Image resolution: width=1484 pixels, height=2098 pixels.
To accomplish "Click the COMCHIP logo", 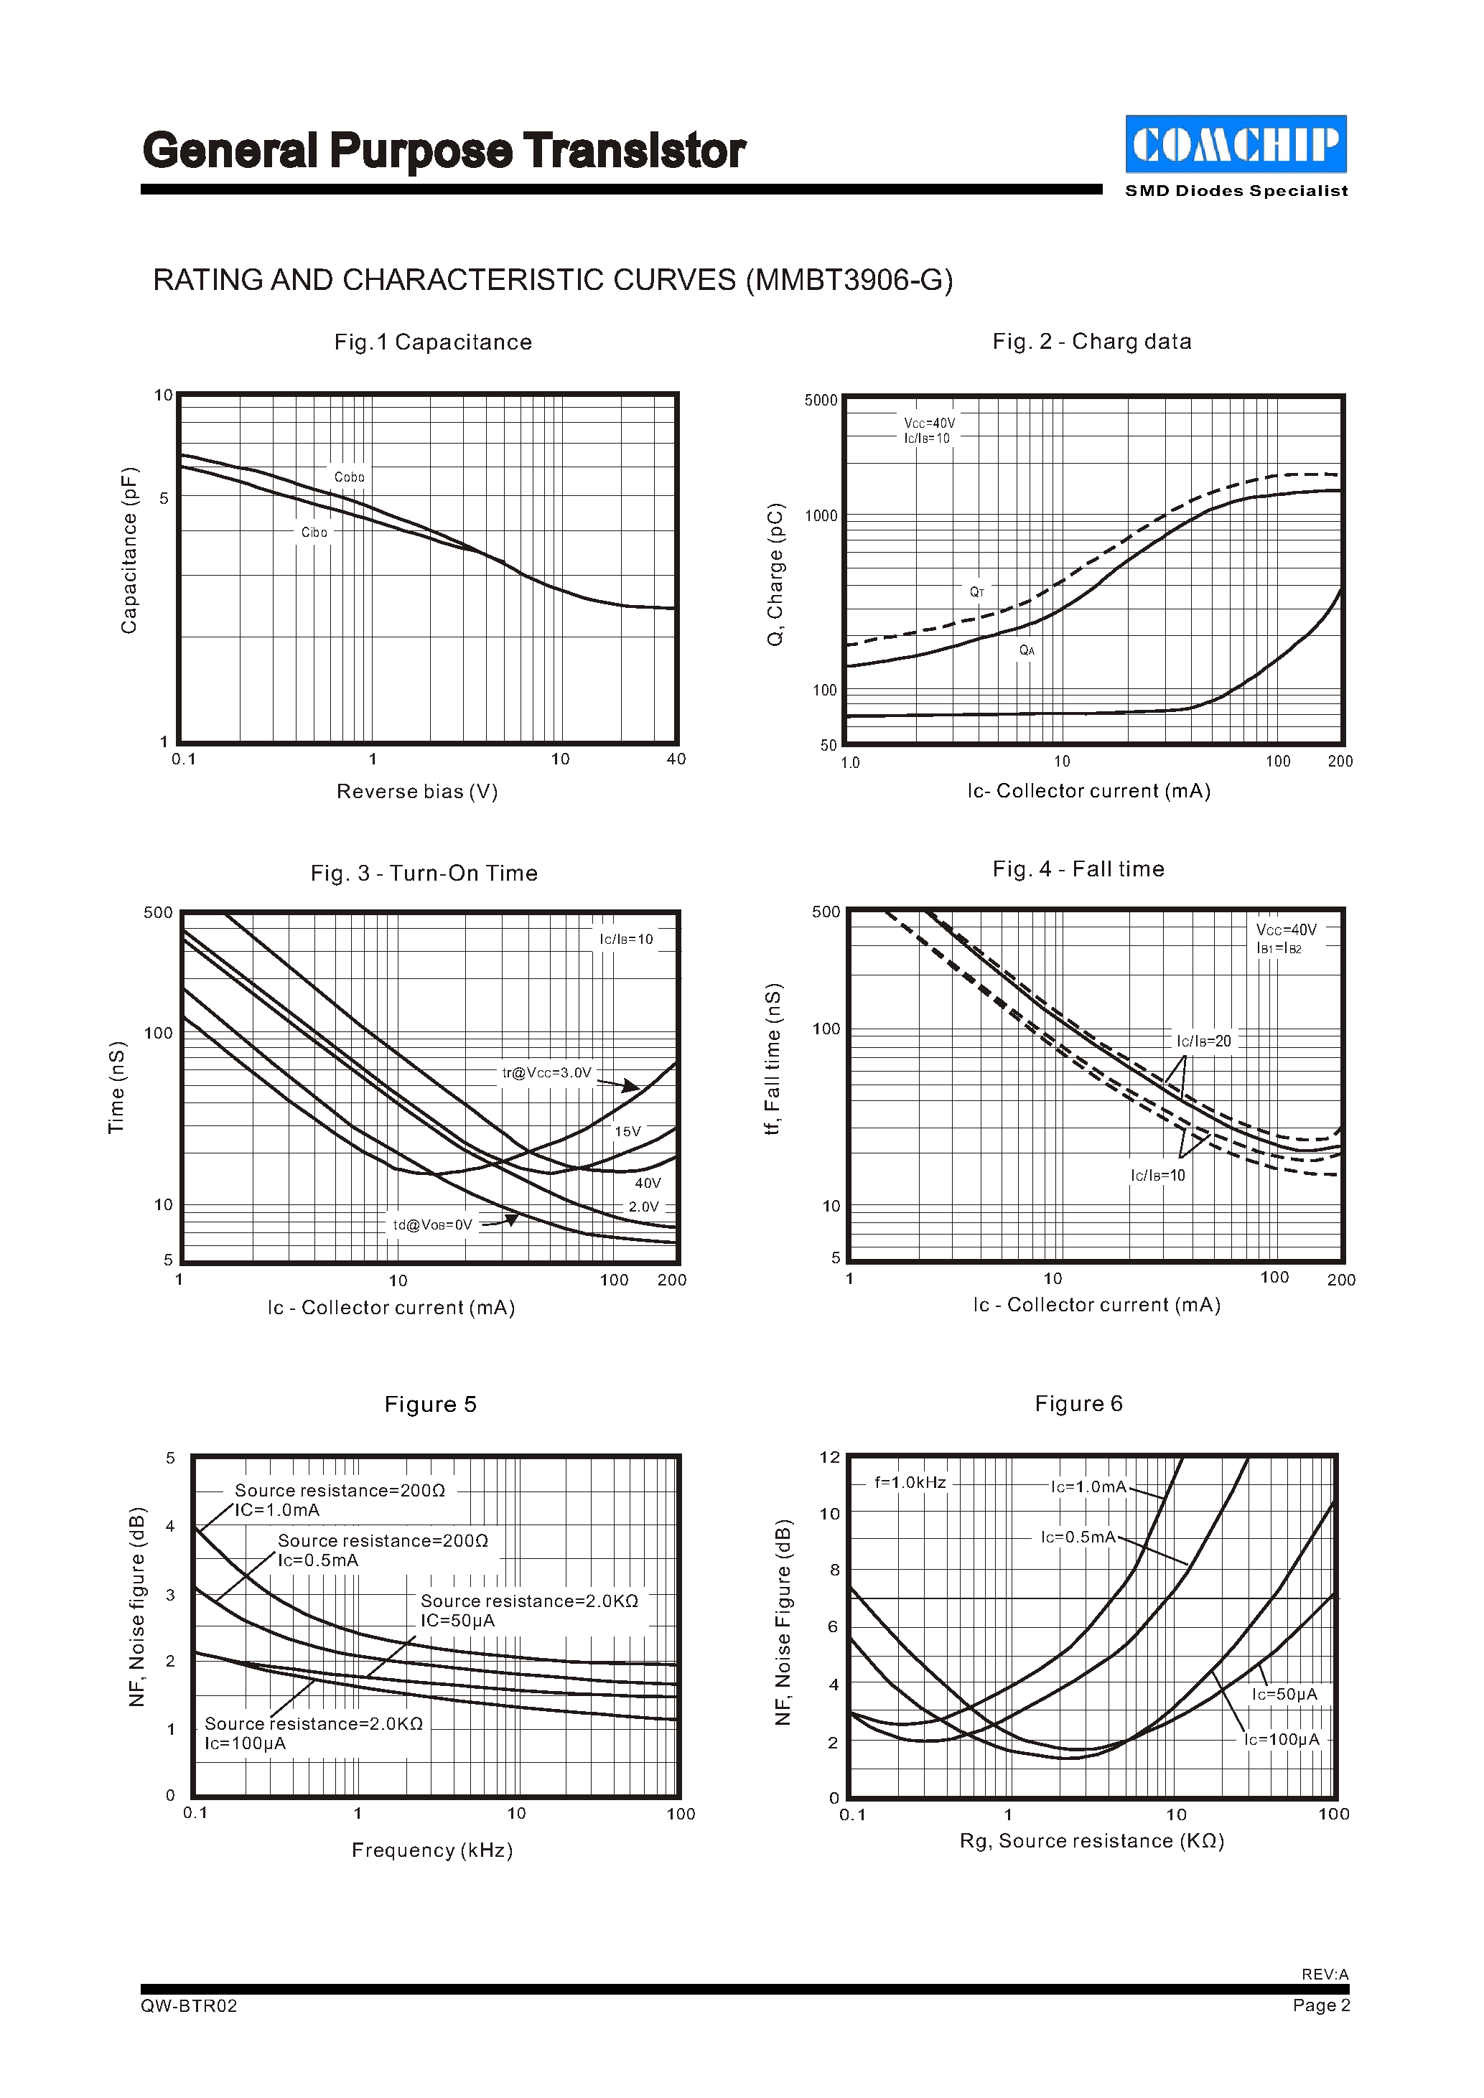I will coord(1236,144).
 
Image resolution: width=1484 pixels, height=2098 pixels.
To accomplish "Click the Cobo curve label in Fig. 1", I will coord(349,477).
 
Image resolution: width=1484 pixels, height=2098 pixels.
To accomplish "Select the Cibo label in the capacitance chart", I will coord(314,532).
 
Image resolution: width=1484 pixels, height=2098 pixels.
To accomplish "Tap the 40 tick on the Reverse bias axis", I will coord(676,759).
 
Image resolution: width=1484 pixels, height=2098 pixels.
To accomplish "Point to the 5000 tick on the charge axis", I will coord(821,401).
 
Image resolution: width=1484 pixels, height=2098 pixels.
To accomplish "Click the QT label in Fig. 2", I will coord(977,592).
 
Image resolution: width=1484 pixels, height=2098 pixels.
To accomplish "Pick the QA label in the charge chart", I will coord(1027,650).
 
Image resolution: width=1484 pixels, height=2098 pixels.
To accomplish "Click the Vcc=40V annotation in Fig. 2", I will coord(929,423).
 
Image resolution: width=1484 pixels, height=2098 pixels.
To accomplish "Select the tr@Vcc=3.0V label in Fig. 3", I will coord(546,1073).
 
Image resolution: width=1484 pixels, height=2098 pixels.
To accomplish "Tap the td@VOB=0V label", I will coord(432,1225).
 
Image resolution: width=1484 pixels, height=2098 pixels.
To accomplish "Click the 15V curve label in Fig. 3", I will coord(627,1131).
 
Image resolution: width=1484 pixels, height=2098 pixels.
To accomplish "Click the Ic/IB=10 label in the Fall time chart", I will coord(1158,1176).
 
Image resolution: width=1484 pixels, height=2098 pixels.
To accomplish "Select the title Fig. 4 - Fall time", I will coord(1078,869).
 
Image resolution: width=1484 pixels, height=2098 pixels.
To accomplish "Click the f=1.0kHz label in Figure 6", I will coord(910,1483).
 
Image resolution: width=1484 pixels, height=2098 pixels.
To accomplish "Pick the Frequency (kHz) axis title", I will coord(432,1850).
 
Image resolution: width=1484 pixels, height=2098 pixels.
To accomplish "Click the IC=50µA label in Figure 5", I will coord(458,1621).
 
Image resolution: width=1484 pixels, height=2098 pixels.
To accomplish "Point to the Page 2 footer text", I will coord(1321,2005).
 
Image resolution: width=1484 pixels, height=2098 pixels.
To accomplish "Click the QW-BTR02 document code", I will coord(189,2005).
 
